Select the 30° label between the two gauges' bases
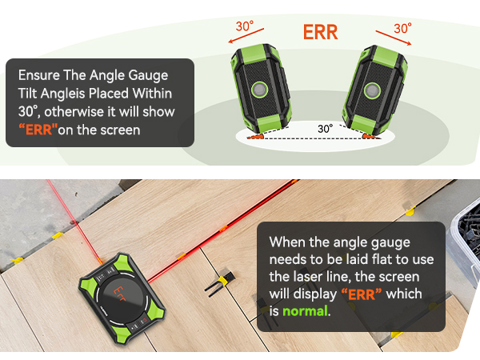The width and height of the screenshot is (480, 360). pos(325,128)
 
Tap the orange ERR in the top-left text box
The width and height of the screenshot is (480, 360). pos(37,129)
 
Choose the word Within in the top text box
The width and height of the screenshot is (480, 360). pos(150,93)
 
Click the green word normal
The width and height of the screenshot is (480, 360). pos(303,310)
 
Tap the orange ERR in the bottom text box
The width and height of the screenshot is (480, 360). pos(362,293)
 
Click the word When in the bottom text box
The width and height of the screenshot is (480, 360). pos(285,241)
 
